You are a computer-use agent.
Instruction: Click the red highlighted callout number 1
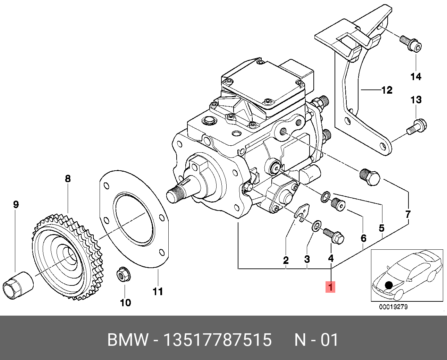tap(330, 287)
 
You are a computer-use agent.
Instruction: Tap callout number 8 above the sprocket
tap(68, 179)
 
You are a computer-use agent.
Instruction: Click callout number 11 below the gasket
tap(158, 291)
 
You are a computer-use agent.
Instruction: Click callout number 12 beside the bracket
tap(387, 90)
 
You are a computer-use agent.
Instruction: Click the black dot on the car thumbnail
tap(389, 285)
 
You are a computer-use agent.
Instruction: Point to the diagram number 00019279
tap(393, 307)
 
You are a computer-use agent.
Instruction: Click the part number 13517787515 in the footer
tap(217, 340)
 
